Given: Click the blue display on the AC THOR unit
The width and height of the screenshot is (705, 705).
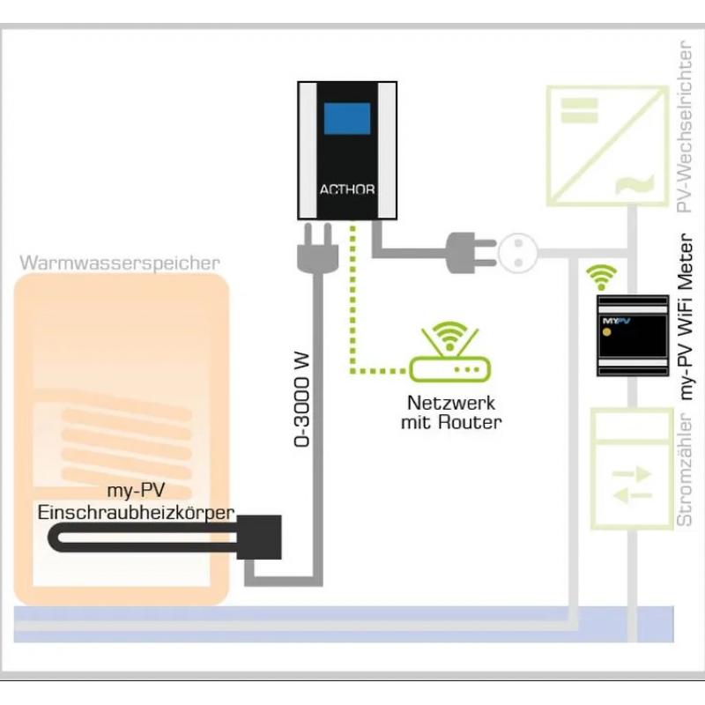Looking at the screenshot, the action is [347, 119].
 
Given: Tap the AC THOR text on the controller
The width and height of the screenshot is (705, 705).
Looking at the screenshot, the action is [347, 189].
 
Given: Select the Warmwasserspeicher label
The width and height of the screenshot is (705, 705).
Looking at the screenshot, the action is [120, 263].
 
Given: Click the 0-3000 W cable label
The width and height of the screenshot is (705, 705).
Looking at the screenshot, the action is [301, 400].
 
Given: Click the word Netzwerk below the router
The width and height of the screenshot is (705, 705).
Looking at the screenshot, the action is [451, 403].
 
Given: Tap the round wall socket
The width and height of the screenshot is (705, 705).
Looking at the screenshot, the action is [518, 253].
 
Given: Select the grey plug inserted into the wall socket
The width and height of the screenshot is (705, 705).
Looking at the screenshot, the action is [471, 253].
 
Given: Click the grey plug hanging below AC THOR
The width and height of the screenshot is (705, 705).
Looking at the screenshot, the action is [318, 249].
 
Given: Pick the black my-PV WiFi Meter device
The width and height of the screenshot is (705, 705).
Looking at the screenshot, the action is [633, 336].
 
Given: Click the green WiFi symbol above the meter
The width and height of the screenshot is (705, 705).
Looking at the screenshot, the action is [602, 278].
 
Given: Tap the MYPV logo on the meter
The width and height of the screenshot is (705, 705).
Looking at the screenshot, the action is [616, 321].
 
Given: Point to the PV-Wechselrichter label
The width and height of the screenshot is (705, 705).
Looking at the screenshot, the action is [685, 127].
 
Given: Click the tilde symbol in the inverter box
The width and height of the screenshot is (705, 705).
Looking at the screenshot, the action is [634, 184].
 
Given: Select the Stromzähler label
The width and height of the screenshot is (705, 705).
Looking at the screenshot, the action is [685, 470].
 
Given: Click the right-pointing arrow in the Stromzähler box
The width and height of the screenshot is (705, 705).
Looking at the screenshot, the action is [632, 474].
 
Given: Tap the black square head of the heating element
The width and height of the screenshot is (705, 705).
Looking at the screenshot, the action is [259, 538].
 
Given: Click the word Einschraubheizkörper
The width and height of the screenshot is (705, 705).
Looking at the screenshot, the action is [137, 513].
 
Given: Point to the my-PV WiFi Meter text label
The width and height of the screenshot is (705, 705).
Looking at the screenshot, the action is [686, 316].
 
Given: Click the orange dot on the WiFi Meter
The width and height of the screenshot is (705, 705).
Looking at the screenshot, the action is [606, 333].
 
